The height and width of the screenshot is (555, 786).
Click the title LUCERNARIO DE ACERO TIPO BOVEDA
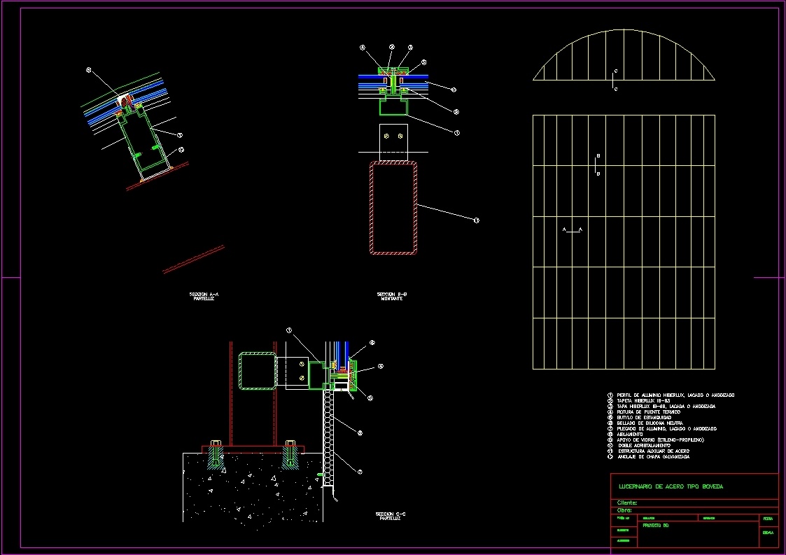tap(671, 486)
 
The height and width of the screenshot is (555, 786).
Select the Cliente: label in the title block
tap(627, 503)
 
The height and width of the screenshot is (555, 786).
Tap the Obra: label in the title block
tap(624, 510)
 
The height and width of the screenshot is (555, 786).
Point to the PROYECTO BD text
tap(656, 525)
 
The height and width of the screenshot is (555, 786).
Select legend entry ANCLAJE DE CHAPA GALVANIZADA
tap(653, 456)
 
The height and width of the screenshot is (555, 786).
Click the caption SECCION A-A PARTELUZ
tap(204, 296)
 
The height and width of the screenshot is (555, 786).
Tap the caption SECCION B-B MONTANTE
tap(392, 296)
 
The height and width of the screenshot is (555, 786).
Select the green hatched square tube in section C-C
tap(258, 371)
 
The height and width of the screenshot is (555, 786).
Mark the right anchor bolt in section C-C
tap(290, 453)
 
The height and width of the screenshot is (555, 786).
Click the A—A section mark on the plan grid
tap(573, 230)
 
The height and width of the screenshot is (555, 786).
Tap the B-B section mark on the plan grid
tap(596, 165)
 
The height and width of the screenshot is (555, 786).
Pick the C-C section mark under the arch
tap(615, 80)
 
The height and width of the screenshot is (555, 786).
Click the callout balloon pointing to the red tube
tap(476, 220)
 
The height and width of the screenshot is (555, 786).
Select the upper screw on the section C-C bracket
tap(302, 363)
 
